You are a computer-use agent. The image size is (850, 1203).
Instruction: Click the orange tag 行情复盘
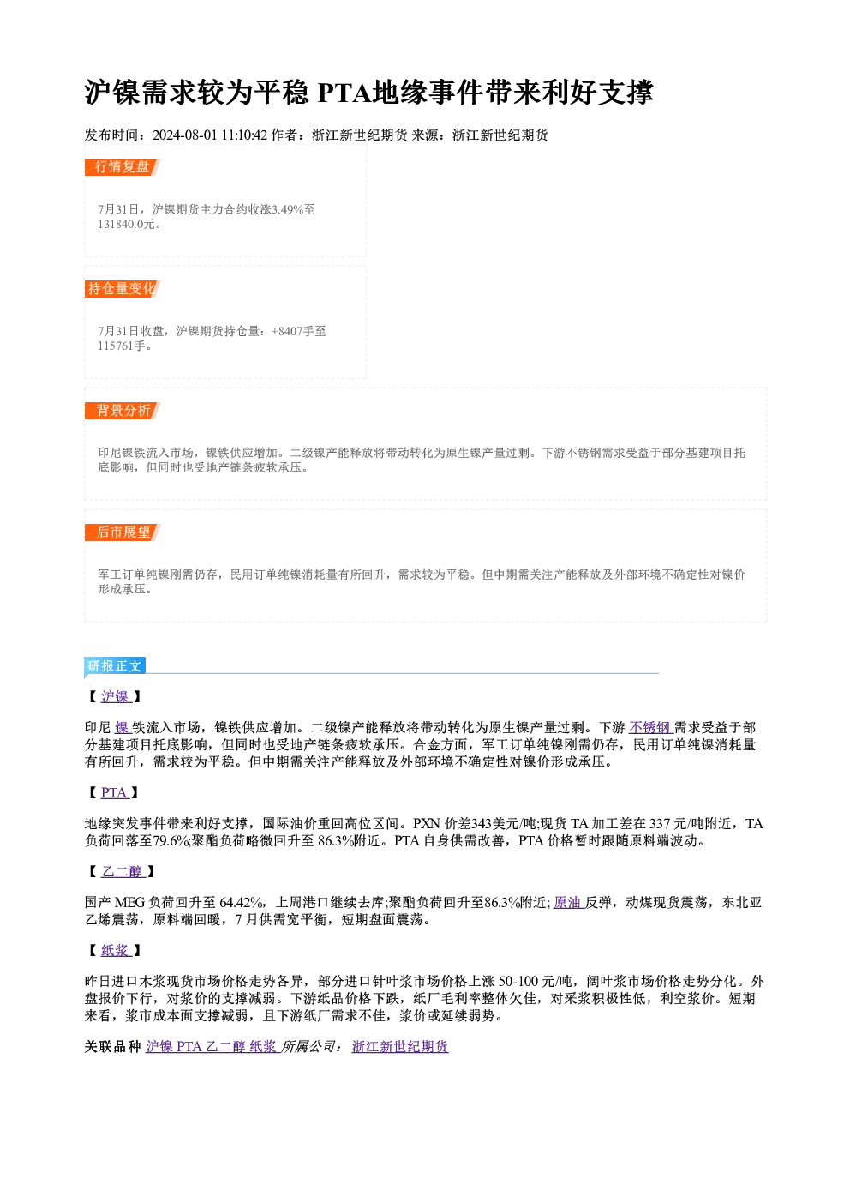pos(122,167)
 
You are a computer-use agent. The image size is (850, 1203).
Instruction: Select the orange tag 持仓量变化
pos(122,289)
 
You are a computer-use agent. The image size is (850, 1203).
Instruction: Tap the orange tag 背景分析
pos(122,411)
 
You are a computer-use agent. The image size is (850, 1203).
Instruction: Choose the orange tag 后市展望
pos(122,532)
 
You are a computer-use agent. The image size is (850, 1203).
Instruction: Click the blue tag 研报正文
pos(115,666)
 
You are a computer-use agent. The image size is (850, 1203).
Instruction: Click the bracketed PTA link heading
pos(115,793)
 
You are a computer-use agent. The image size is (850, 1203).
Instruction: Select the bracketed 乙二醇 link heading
pos(123,872)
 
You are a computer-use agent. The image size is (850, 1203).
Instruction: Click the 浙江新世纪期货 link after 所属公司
pos(400,1047)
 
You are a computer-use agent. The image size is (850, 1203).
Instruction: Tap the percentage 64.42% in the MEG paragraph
pos(242,903)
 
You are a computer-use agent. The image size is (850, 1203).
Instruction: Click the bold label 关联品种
pos(113,1047)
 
